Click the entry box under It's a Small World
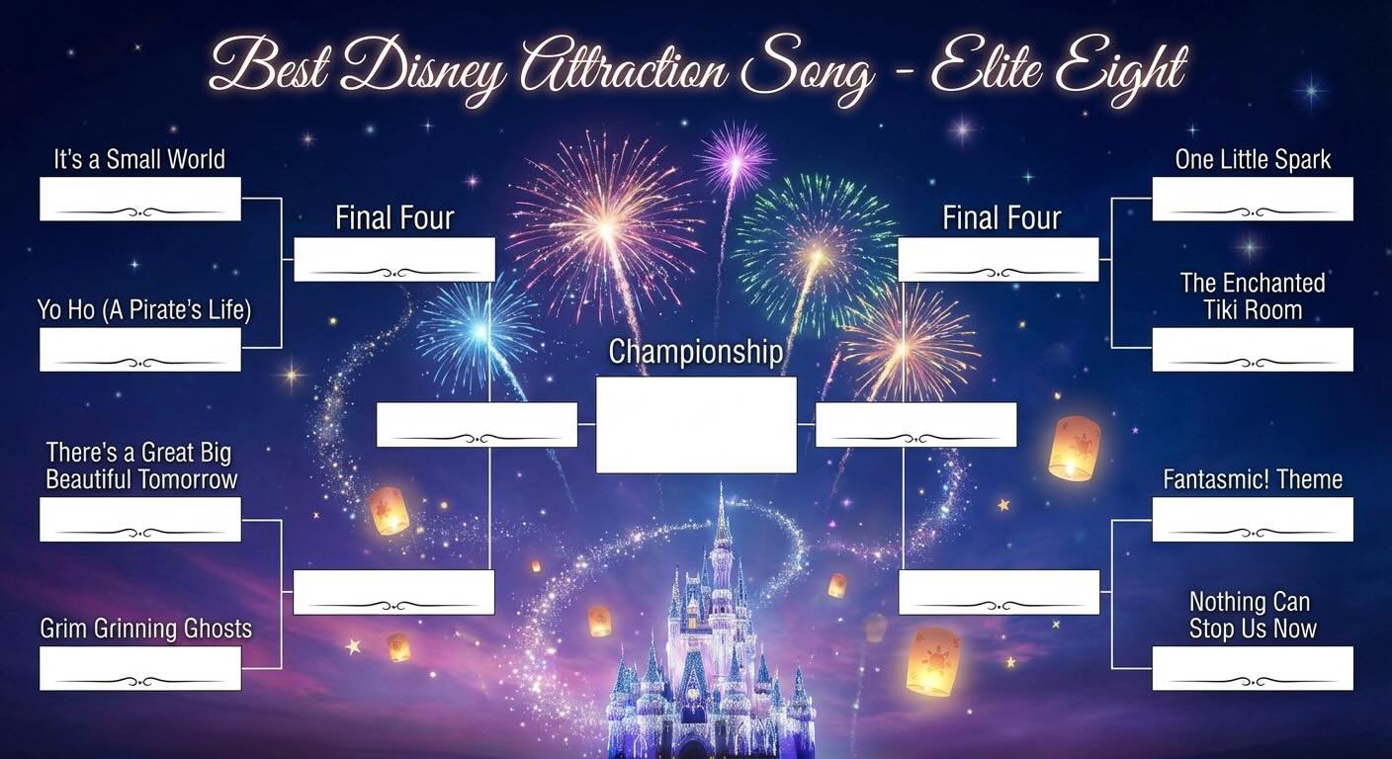click(139, 199)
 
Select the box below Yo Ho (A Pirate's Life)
click(139, 350)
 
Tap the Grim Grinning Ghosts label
click(146, 629)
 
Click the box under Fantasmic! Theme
click(1252, 519)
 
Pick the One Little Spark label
click(1253, 160)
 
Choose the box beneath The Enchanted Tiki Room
click(1252, 350)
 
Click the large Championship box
click(696, 425)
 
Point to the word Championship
click(696, 352)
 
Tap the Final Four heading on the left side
click(393, 218)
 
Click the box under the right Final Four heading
click(998, 259)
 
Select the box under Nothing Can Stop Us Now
click(1252, 668)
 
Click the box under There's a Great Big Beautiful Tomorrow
click(139, 519)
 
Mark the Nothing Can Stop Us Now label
click(1252, 615)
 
